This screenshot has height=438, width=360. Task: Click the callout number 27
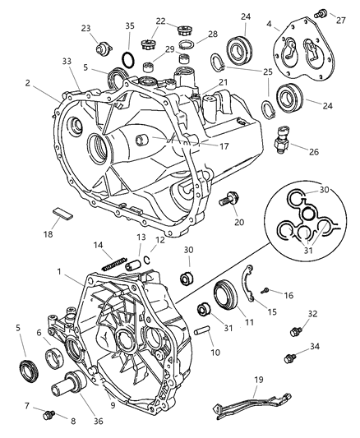point(340,20)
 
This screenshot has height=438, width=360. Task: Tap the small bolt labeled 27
point(321,13)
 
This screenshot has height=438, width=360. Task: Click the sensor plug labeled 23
point(104,48)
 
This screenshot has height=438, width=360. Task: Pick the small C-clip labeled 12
point(147,260)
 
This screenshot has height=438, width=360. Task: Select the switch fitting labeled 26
point(283,139)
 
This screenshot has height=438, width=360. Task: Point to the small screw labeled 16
point(265,291)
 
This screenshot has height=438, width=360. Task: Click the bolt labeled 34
point(289,358)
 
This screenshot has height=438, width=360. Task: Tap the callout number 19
point(259,380)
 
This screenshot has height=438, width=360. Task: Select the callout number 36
point(99,421)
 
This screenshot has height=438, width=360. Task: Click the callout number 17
point(224,146)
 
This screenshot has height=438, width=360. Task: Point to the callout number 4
point(269,24)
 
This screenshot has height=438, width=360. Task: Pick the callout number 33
point(67,61)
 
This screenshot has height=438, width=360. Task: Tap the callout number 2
point(27,83)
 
